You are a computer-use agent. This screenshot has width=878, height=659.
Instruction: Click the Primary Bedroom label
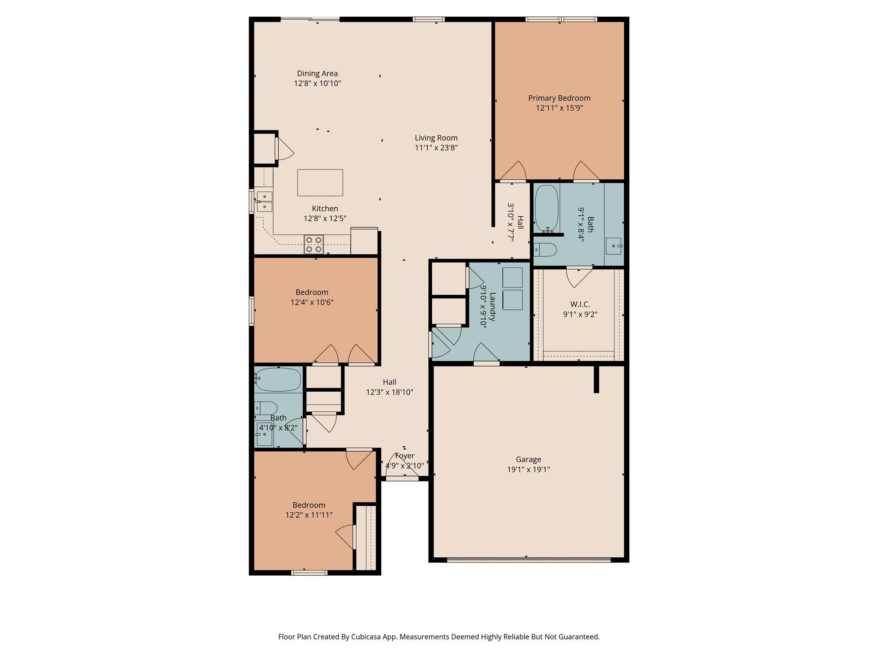[x=559, y=98]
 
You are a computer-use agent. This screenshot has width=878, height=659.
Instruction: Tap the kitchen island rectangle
[x=320, y=183]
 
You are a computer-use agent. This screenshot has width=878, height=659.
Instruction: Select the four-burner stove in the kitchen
[x=313, y=245]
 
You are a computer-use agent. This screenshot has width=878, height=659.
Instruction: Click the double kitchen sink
[x=265, y=202]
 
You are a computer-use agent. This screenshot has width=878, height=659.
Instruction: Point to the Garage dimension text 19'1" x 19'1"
[x=528, y=469]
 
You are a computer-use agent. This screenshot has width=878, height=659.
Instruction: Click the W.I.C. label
[x=580, y=304]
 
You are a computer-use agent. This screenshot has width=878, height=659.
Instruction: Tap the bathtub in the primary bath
[x=547, y=208]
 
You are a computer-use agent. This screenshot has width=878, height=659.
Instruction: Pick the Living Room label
[x=436, y=138]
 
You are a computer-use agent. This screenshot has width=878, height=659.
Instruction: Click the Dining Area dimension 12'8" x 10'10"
[x=317, y=83]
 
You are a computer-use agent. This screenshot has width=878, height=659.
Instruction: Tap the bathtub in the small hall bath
[x=278, y=379]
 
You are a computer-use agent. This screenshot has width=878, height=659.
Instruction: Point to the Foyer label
[x=405, y=456]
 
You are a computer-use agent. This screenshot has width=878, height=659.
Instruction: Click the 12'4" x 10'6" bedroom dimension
[x=312, y=302]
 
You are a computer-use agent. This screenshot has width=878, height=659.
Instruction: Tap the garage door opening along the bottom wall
[x=528, y=559]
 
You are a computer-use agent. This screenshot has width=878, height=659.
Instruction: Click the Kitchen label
[x=325, y=209]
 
